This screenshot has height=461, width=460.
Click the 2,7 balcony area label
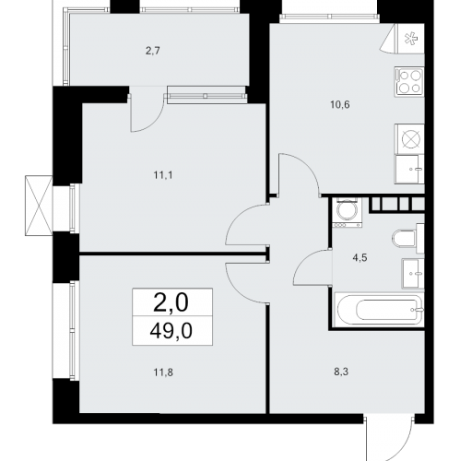[x=153, y=51]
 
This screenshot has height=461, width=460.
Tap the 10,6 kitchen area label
[x=340, y=105]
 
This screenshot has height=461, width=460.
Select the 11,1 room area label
[x=163, y=175]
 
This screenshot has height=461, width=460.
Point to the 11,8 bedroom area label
[x=163, y=372]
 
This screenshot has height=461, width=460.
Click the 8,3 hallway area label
[x=341, y=372]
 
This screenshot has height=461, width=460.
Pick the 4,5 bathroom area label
[x=360, y=257]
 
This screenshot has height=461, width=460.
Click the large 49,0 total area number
[x=171, y=331]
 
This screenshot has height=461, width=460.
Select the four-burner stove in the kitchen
[x=409, y=82]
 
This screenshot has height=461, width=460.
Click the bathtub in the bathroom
[x=379, y=310]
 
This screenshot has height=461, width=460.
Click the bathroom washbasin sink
[x=413, y=274]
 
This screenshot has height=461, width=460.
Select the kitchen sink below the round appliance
[x=409, y=170]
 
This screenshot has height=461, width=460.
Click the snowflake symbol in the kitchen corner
[x=411, y=39]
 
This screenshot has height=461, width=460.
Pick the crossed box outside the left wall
[x=39, y=206]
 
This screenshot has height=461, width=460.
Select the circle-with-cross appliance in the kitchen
[x=411, y=139]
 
